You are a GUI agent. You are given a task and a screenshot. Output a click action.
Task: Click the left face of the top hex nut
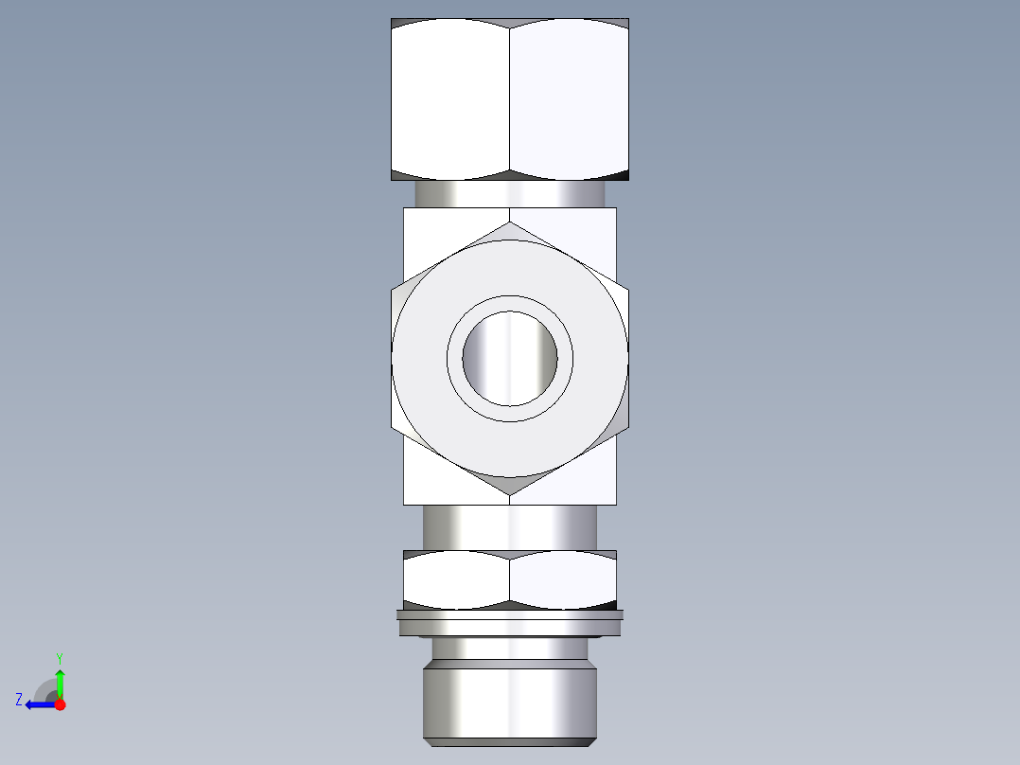(x=450, y=99)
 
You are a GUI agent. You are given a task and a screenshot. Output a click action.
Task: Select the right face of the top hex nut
(x=569, y=99)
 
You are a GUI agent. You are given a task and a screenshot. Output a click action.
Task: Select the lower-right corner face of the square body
(x=591, y=478)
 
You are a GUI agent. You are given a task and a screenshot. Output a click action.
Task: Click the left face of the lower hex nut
(x=456, y=580)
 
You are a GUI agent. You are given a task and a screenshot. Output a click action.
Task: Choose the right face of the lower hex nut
(x=563, y=580)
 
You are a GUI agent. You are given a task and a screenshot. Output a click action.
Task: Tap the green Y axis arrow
(x=60, y=682)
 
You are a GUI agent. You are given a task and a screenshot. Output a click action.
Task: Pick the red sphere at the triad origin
(x=60, y=704)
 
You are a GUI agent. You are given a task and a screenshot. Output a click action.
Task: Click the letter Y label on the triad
(x=59, y=657)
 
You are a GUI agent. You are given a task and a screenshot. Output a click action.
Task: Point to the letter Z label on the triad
(x=19, y=699)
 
